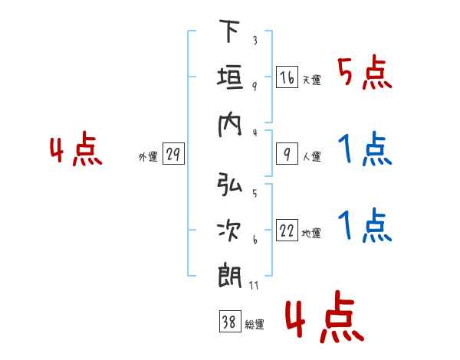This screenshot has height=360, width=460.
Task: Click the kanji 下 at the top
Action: click(230, 31)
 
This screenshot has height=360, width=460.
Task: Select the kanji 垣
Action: click(230, 77)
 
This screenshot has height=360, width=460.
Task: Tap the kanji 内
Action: click(230, 125)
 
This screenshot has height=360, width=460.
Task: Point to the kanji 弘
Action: click(230, 184)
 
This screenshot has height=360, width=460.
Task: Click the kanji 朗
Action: click(230, 277)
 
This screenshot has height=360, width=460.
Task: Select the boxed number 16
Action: click(287, 77)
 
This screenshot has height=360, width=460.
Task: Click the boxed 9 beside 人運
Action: click(287, 154)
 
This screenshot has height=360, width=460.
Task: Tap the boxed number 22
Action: click(287, 231)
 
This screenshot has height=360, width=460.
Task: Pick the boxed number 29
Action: click(173, 154)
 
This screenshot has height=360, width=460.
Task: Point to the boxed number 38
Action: click(230, 321)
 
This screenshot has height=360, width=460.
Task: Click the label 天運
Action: click(312, 80)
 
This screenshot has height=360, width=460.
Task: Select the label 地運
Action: click(311, 234)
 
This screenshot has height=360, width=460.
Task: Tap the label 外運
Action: click(148, 157)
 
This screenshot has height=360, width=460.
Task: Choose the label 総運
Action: click(255, 325)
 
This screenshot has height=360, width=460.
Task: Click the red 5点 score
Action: click(365, 72)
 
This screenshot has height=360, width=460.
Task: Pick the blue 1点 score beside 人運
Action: click(365, 149)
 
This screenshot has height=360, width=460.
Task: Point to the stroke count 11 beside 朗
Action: click(254, 286)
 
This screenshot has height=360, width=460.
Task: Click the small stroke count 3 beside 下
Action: click(255, 40)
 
